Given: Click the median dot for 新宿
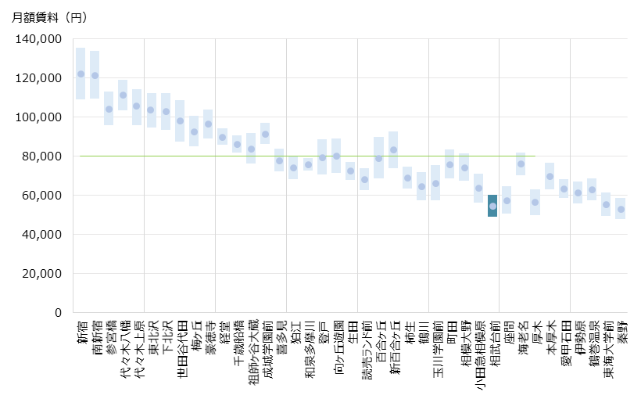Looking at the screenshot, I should (81, 74).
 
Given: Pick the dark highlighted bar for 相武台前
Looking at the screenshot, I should (492, 206).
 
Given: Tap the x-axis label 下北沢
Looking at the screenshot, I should (166, 335).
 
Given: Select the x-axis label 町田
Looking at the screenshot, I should (450, 332).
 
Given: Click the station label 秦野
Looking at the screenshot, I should (621, 332).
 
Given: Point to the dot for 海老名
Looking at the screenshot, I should (521, 164).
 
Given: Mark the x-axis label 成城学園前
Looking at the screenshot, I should (266, 349).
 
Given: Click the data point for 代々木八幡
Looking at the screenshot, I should (123, 95).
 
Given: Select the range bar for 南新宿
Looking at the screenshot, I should (95, 75).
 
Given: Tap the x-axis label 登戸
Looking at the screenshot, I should (322, 332).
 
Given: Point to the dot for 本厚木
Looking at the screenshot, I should (550, 176).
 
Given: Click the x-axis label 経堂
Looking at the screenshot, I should (223, 332).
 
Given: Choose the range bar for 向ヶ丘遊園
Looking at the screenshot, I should (336, 156).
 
